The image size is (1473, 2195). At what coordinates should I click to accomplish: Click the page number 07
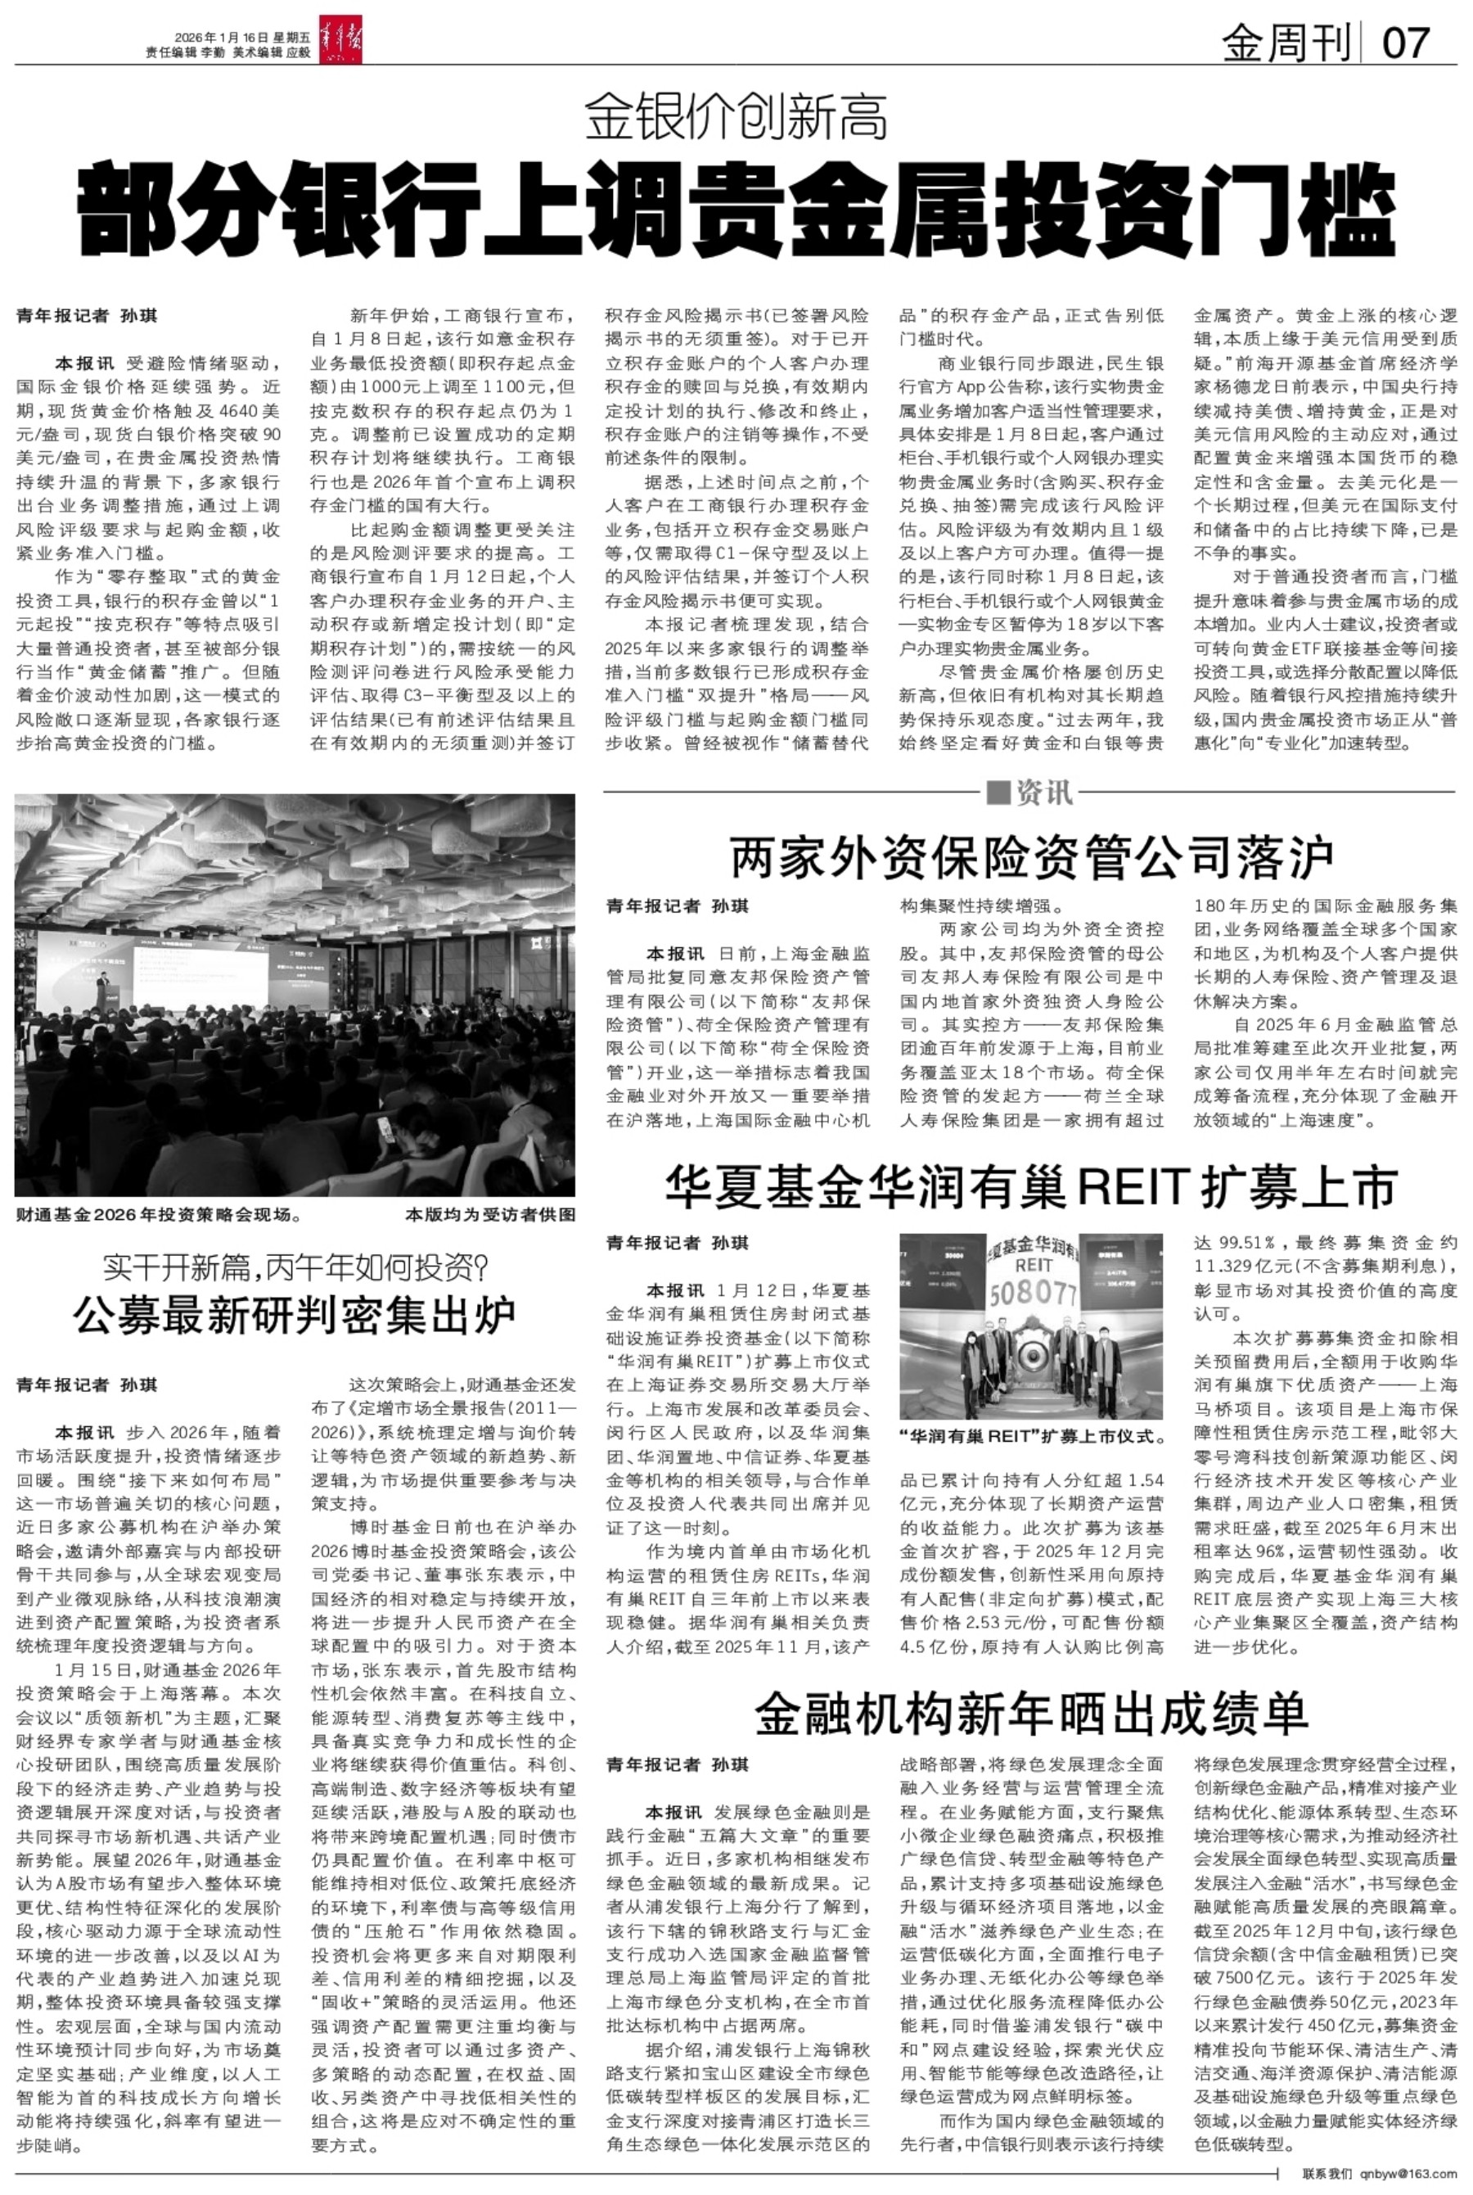pos(1406,43)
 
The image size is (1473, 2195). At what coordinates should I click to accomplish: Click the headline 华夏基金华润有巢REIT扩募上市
pos(1031,1188)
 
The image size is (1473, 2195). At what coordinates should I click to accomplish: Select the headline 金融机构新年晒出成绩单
pos(1031,1713)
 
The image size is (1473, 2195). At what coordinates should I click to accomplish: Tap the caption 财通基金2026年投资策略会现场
pos(158,1215)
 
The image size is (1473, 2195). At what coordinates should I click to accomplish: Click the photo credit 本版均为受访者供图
pos(489,1215)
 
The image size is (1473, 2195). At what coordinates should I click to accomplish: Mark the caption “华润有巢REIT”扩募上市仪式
pos(1031,1437)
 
